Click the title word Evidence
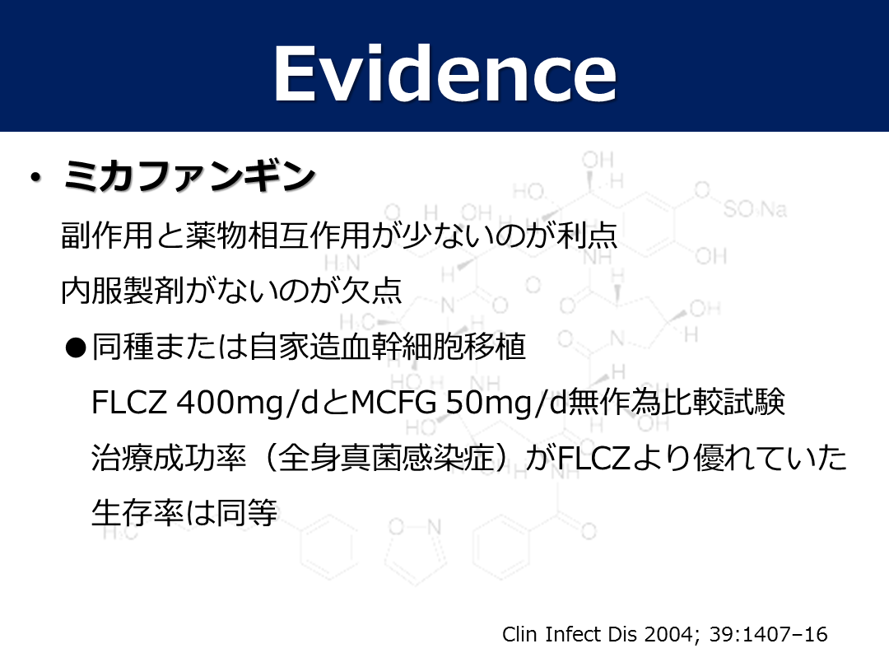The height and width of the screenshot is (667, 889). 445,74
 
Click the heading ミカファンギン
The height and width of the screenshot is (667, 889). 189,176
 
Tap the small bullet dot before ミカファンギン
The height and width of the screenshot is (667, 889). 36,178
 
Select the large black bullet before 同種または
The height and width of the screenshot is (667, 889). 76,347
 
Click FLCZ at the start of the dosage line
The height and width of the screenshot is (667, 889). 129,403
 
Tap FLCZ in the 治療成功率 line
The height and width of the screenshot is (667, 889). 594,459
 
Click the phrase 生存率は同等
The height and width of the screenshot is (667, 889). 184,513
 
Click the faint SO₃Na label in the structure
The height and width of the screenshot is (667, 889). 755,210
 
